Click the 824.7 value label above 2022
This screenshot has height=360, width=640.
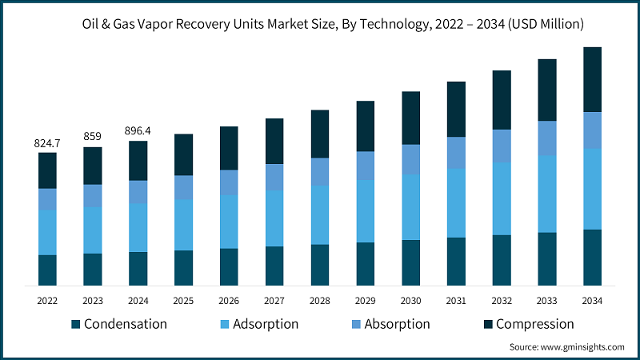(x=47, y=143)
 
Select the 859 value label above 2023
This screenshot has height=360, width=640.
(x=93, y=137)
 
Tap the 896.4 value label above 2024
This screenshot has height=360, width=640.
(x=138, y=130)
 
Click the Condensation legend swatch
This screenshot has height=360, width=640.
(x=76, y=324)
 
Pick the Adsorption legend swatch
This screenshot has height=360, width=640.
(x=224, y=324)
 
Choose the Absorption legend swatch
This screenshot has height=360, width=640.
(x=356, y=324)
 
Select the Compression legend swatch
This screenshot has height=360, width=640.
(x=488, y=324)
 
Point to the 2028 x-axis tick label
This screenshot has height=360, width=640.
(x=320, y=301)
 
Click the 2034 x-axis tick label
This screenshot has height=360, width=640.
(x=592, y=301)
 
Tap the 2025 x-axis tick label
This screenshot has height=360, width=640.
(x=183, y=301)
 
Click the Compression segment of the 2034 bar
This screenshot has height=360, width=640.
(x=592, y=79)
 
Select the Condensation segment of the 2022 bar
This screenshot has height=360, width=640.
(x=47, y=270)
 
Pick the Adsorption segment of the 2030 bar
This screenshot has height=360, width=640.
(x=410, y=206)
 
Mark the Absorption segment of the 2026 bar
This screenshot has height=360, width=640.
(x=229, y=182)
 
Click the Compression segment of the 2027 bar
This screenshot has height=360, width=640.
(x=274, y=141)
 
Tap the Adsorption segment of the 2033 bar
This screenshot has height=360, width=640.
(x=546, y=194)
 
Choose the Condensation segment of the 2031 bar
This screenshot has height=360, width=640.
(x=456, y=261)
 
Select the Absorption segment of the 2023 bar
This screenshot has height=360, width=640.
(x=93, y=196)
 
